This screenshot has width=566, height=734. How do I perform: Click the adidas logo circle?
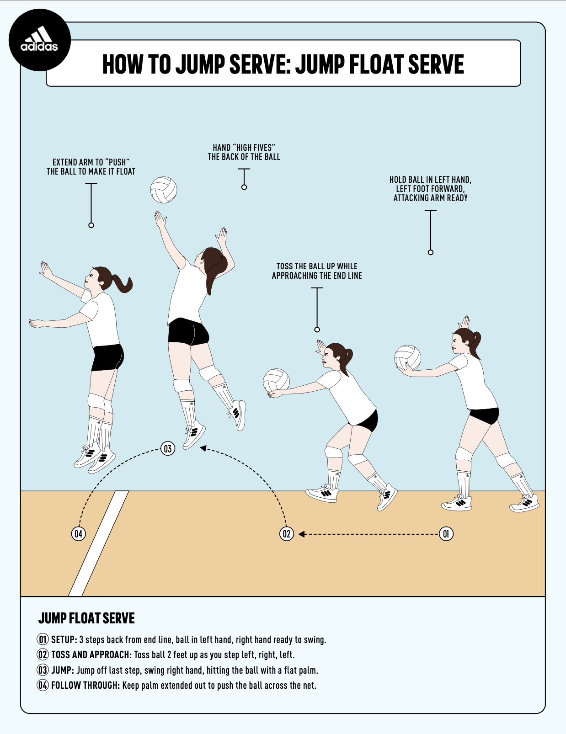[x=40, y=40]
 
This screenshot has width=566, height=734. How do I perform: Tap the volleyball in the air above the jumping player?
[x=163, y=190]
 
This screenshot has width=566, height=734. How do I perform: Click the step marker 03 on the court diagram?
[x=168, y=448]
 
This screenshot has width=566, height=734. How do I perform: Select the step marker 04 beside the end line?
[x=79, y=533]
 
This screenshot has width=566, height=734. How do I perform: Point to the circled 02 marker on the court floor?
[x=287, y=533]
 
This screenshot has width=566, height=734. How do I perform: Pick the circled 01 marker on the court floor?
[x=446, y=533]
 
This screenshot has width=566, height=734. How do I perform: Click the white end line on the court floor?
[x=98, y=544]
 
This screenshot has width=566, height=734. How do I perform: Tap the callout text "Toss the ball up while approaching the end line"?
[x=317, y=271]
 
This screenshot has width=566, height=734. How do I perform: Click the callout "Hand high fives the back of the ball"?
[x=244, y=152]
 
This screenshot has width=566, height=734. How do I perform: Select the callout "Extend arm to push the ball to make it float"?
[x=91, y=167]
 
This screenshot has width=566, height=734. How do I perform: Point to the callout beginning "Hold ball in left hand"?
[x=430, y=189]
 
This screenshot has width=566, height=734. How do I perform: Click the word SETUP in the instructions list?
[x=64, y=639]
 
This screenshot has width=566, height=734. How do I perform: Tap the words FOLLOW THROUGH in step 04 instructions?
[x=85, y=685]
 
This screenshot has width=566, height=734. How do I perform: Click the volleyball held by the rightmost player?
[x=407, y=357]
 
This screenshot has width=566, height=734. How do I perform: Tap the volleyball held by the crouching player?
[x=276, y=381]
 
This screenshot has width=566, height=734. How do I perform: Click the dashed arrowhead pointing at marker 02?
[x=302, y=534]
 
